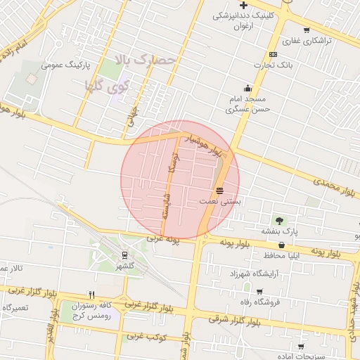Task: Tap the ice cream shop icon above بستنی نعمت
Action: pos(220,191)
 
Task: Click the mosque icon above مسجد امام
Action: pos(247,89)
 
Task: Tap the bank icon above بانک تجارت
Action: pos(273,55)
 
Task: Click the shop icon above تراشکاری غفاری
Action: pos(307,30)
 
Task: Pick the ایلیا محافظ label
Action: pos(282,255)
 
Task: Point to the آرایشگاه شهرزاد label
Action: pos(254,272)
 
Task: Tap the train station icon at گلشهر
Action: pos(124,255)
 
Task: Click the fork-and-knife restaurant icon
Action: pos(91,295)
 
